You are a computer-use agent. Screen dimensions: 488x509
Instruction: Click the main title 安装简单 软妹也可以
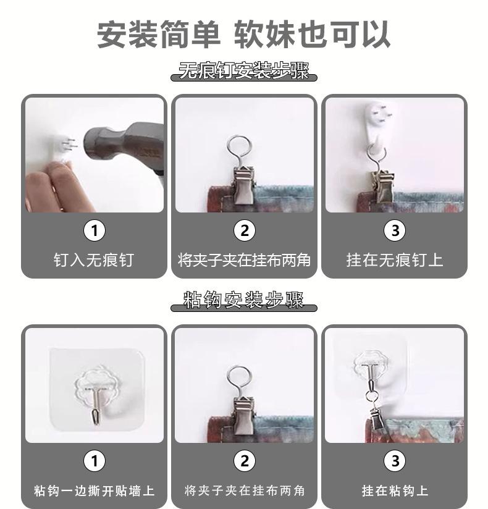click(x=243, y=35)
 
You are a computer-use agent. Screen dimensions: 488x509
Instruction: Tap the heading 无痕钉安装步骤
click(x=243, y=71)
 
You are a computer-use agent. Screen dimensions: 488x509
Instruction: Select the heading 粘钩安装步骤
click(x=243, y=300)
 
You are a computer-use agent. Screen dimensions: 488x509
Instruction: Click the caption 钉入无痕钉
click(x=94, y=260)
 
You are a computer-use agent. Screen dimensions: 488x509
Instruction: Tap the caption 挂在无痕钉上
click(x=395, y=260)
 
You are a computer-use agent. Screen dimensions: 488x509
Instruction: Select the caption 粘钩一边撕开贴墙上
click(x=94, y=490)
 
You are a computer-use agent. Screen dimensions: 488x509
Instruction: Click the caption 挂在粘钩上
click(x=395, y=490)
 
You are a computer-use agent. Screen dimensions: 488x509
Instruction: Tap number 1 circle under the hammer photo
click(x=94, y=231)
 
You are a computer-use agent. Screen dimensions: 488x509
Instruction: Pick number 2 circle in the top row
click(x=245, y=231)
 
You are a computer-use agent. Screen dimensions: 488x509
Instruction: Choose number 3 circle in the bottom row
click(x=395, y=461)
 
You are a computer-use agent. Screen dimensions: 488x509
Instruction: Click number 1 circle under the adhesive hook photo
click(x=94, y=461)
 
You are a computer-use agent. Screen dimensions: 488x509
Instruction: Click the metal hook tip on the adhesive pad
click(x=96, y=417)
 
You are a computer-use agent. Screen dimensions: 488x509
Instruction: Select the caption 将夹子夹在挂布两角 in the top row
click(x=244, y=260)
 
